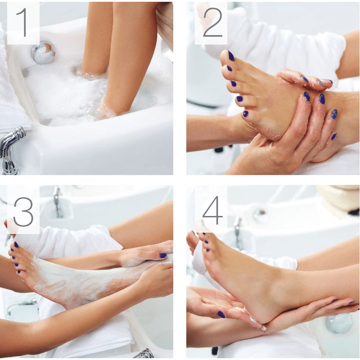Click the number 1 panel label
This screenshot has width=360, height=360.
[x=23, y=23]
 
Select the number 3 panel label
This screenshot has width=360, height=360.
[x=23, y=210]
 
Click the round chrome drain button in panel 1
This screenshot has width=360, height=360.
[x=43, y=53]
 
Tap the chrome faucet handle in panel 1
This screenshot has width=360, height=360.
[x=11, y=148]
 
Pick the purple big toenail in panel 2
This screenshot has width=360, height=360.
[x=231, y=56]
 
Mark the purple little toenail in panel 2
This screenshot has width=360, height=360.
[x=246, y=114]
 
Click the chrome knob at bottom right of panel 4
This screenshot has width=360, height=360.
[x=340, y=323]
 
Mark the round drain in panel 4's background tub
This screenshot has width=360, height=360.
[x=260, y=215]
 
